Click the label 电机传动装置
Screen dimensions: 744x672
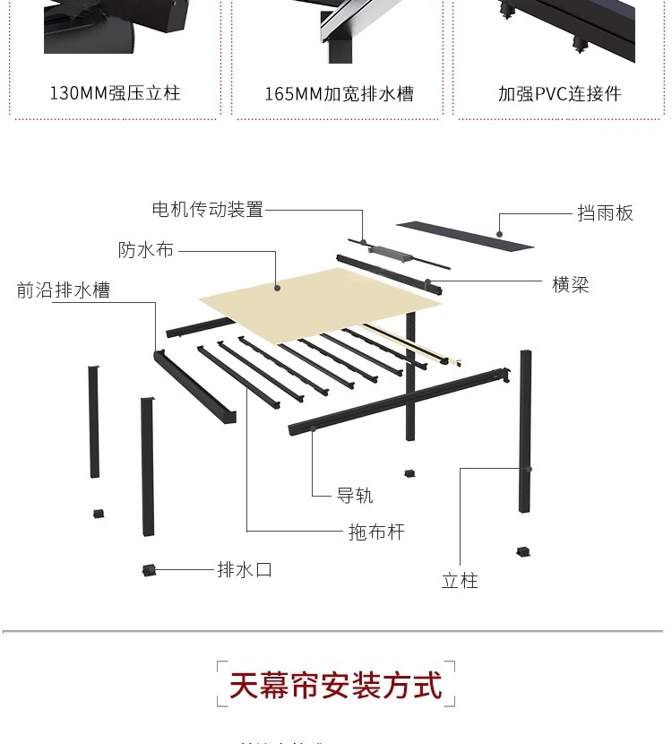pyautogui.click(x=208, y=210)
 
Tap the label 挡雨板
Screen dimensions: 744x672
pyautogui.click(x=606, y=213)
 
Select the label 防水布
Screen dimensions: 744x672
pyautogui.click(x=146, y=250)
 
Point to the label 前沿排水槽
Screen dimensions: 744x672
pyautogui.click(x=64, y=290)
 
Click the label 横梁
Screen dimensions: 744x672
pyautogui.click(x=571, y=285)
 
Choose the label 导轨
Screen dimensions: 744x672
pyautogui.click(x=355, y=496)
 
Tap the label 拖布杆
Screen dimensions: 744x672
pyautogui.click(x=376, y=532)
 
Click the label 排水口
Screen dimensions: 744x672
pyautogui.click(x=245, y=569)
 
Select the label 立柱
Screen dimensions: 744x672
pyautogui.click(x=460, y=581)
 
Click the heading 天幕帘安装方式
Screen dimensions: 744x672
pyautogui.click(x=335, y=686)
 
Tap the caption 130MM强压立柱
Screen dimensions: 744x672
pyautogui.click(x=115, y=93)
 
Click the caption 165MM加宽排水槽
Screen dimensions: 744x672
pyautogui.click(x=339, y=93)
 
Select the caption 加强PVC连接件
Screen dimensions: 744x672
pyautogui.click(x=560, y=93)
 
